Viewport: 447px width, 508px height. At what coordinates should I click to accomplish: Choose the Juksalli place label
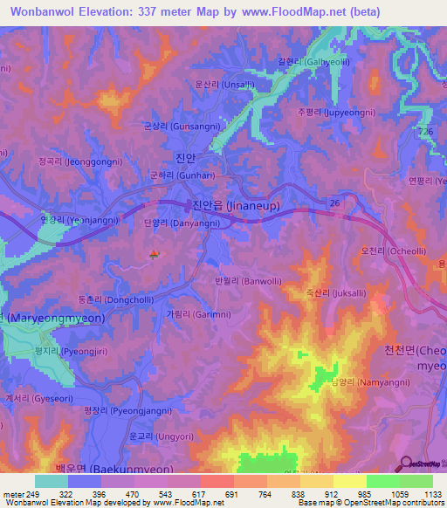330,294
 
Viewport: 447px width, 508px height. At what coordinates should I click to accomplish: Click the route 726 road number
425,130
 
